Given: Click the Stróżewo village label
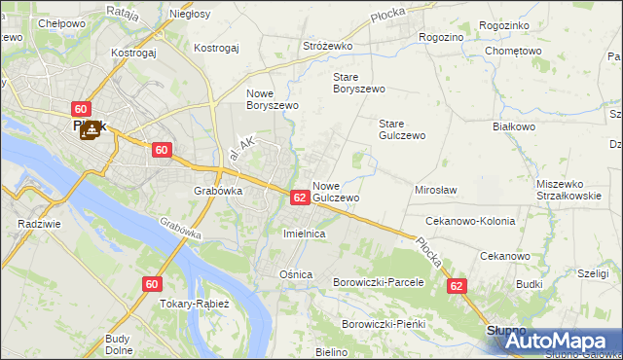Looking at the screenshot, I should (327, 46).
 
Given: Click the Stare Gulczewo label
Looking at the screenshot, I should (402, 129).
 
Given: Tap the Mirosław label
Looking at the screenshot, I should (436, 191).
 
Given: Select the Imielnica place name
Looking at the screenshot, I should (303, 234).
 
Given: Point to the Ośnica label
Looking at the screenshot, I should (296, 274).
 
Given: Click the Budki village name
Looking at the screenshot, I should (530, 284).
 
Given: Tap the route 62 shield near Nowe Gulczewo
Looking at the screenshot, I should (300, 198).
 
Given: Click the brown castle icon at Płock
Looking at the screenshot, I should (90, 129).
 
